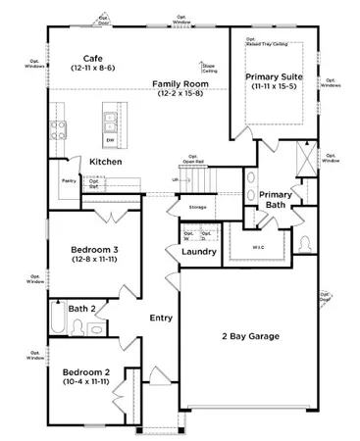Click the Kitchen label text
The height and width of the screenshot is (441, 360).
click(x=105, y=161)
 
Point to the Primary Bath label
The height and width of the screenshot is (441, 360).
click(x=276, y=200)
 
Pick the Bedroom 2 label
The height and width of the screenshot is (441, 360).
click(x=87, y=376)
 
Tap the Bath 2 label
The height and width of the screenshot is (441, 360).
click(x=81, y=309)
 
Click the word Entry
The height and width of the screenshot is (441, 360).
click(x=161, y=318)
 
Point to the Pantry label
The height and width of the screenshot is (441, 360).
click(x=69, y=181)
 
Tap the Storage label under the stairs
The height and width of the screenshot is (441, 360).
click(x=197, y=208)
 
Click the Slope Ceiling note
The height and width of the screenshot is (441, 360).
click(x=209, y=69)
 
